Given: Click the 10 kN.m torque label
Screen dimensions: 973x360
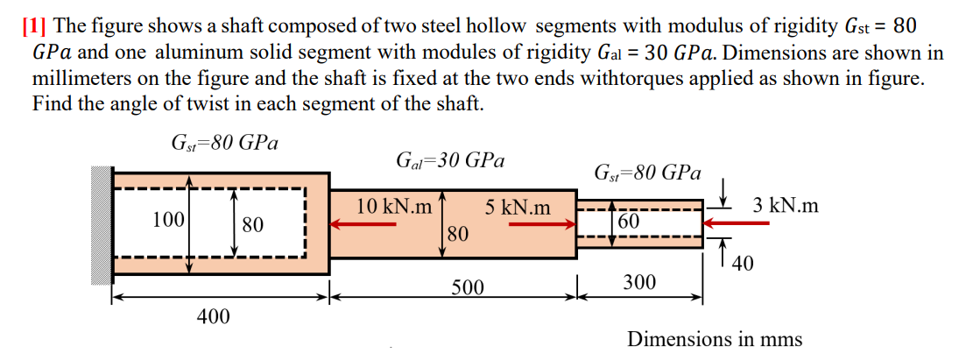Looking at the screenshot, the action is [394, 208].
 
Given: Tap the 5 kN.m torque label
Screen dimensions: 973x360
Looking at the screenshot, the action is [518, 208].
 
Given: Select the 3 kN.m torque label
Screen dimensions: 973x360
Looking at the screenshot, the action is [786, 207].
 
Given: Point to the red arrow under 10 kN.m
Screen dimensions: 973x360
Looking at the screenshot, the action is [364, 224].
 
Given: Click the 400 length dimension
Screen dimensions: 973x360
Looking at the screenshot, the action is [214, 316].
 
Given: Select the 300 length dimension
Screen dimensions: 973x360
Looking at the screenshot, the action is [639, 282].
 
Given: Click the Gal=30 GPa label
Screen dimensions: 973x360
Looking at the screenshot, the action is [450, 161].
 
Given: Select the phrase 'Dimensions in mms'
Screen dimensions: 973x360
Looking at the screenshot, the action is [715, 338].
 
